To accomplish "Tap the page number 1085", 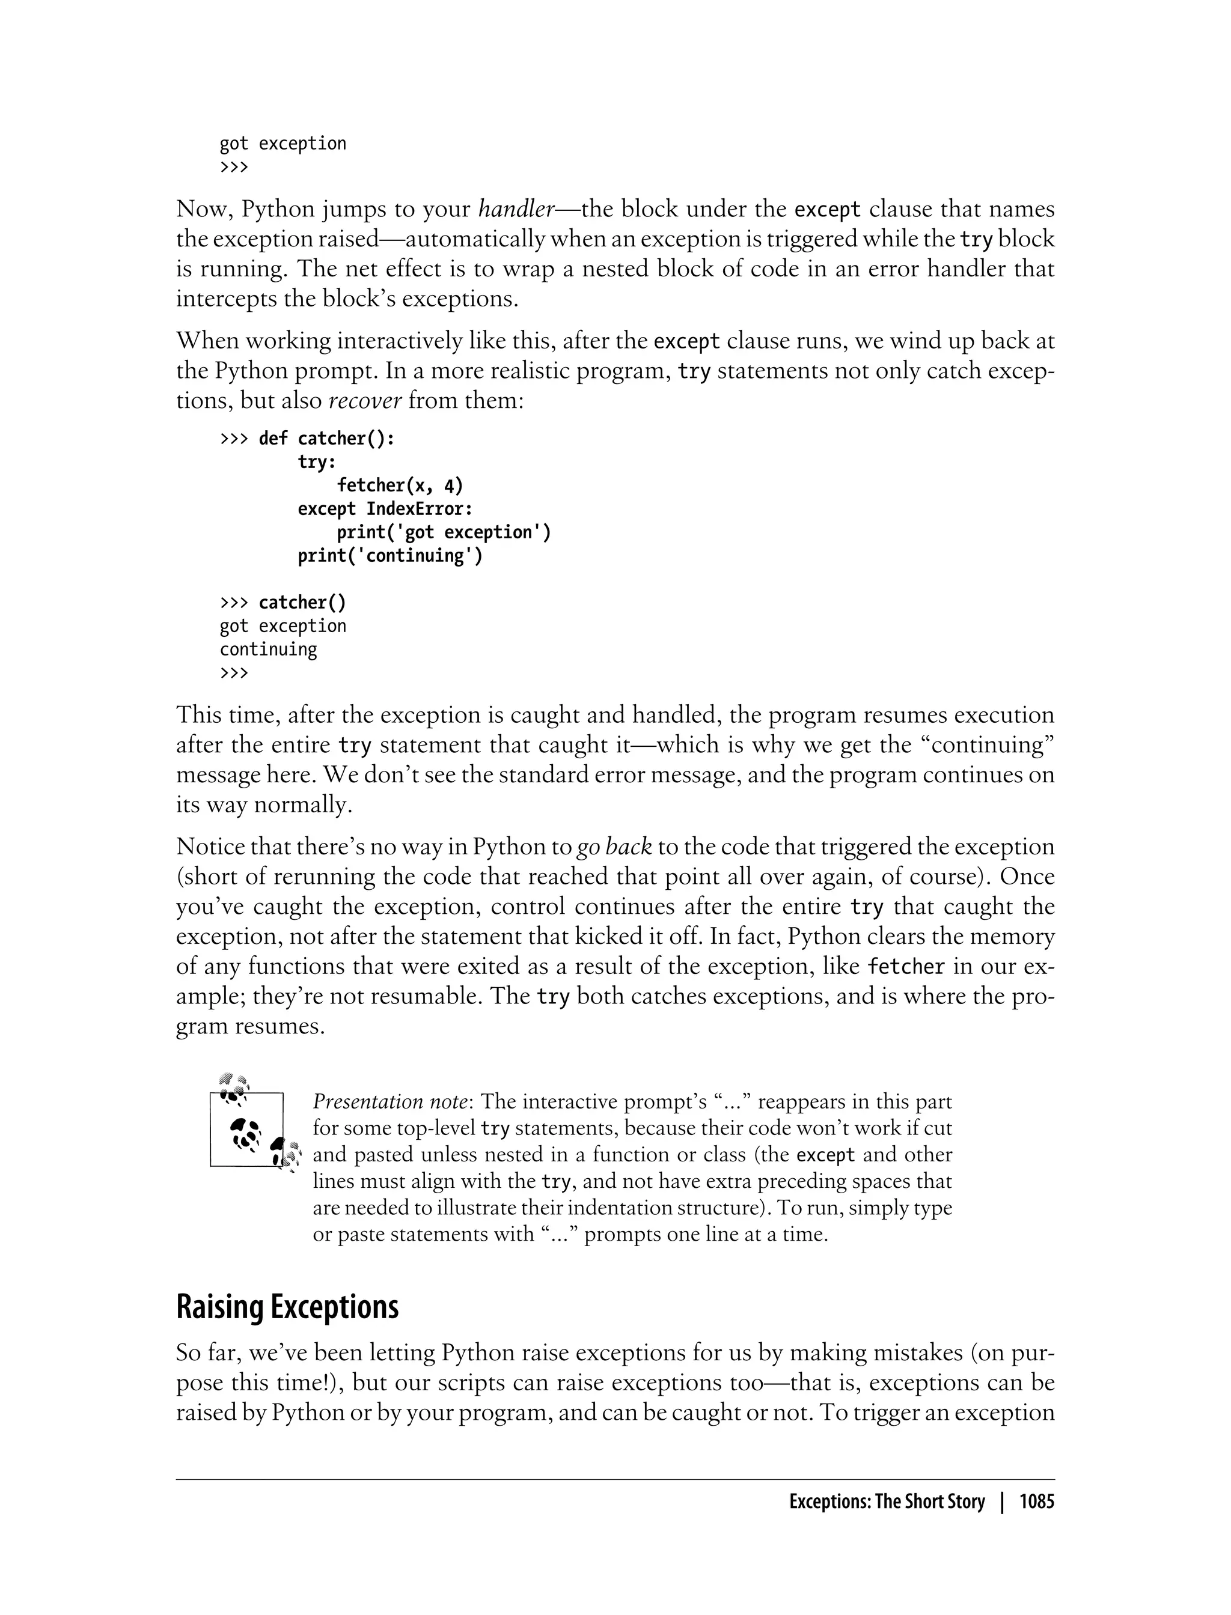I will point(1036,1502).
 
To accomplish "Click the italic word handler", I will point(516,210).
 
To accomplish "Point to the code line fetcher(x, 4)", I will point(400,485).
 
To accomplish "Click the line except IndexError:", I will point(385,508).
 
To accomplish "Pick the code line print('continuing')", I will point(390,555).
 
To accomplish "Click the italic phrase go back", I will point(614,847).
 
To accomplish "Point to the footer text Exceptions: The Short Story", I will point(887,1502).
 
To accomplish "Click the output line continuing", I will point(268,649).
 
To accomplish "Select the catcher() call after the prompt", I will point(302,602).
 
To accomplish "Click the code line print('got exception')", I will point(444,532).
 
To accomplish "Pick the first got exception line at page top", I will point(283,144).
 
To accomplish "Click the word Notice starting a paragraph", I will point(210,847).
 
